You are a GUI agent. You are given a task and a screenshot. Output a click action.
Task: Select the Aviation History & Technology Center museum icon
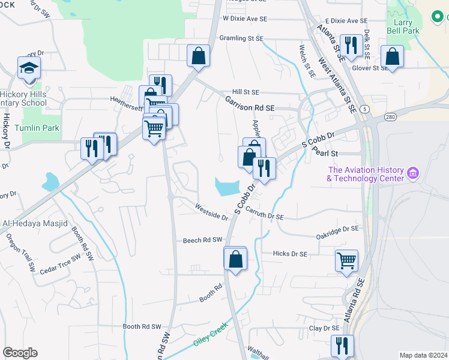pos(412,174)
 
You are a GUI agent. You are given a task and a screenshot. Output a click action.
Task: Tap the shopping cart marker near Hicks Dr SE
pos(346,260)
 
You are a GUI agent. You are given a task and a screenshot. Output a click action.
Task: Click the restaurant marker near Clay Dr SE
pos(342,346)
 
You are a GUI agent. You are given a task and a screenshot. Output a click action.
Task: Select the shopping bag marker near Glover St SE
pos(392,57)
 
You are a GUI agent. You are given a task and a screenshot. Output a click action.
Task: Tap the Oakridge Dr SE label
pos(337,230)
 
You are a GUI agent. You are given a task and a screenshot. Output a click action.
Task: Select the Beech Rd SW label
pos(202,240)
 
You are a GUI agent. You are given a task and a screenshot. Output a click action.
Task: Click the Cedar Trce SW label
pos(60,265)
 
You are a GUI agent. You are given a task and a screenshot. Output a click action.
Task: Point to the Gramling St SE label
pos(242,38)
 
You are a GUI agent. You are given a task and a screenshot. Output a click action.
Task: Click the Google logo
pos(20,353)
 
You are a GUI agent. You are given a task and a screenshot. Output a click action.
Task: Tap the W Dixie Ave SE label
pos(244,19)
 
